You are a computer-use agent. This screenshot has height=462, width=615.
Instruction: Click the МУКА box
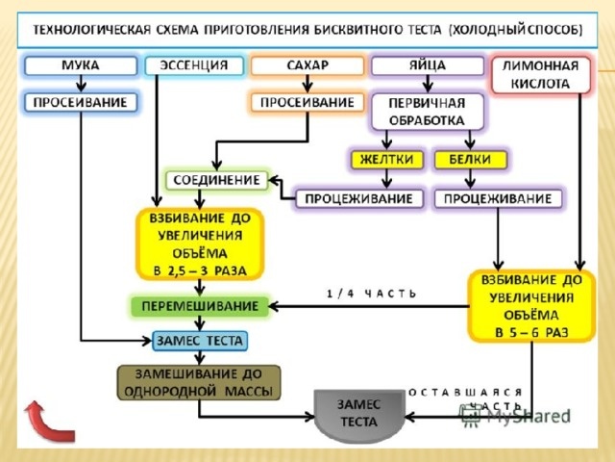pyautogui.click(x=80, y=66)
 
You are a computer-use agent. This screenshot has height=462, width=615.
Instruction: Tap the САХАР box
pyautogui.click(x=307, y=66)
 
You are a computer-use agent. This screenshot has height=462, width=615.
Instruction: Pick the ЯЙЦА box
pyautogui.click(x=428, y=66)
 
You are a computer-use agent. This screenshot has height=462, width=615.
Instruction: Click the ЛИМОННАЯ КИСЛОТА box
pyautogui.click(x=540, y=75)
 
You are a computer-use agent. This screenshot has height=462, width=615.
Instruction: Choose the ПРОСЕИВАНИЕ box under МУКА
pyautogui.click(x=80, y=101)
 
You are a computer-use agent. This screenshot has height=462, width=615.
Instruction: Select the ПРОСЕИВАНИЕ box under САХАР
pyautogui.click(x=307, y=101)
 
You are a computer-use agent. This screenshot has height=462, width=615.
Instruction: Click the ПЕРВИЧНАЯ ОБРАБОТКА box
pyautogui.click(x=428, y=112)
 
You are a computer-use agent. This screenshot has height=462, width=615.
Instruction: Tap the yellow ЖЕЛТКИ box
pyautogui.click(x=386, y=159)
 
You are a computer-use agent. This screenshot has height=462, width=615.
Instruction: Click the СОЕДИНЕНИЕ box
pyautogui.click(x=217, y=180)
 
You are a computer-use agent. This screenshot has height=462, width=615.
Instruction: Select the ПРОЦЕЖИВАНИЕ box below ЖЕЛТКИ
pyautogui.click(x=359, y=198)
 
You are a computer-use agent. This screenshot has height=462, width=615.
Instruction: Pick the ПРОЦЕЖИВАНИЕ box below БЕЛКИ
pyautogui.click(x=499, y=198)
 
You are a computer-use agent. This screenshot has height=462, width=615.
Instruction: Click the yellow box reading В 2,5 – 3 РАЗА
pyautogui.click(x=199, y=244)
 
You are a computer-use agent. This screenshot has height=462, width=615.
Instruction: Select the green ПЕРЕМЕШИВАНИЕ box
pyautogui.click(x=200, y=306)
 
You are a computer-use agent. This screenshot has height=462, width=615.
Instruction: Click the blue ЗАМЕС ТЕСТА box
pyautogui.click(x=200, y=340)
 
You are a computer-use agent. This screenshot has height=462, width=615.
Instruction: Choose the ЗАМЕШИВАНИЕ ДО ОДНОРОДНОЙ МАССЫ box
pyautogui.click(x=199, y=382)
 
